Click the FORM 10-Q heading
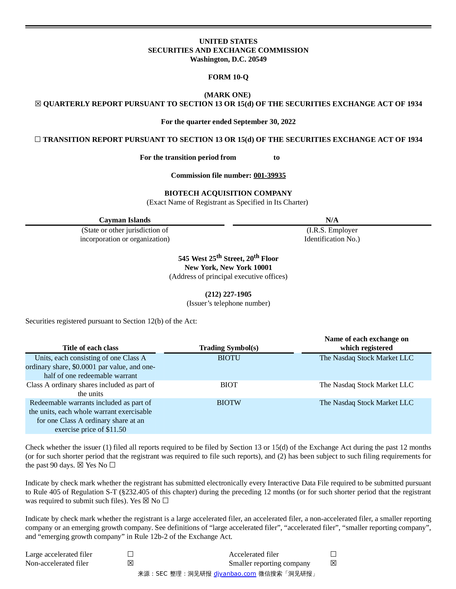pos(228,77)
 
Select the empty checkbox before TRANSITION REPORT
pos(38,139)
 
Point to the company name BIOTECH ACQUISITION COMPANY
pos(228,193)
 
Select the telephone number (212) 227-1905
pos(228,294)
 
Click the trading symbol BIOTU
pos(229,358)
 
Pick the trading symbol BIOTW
pos(229,403)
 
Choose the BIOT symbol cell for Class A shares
pos(229,385)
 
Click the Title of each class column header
pos(90,348)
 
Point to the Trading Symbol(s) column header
pos(229,348)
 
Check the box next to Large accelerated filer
pos(131,554)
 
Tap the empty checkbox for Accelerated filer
pos(333,554)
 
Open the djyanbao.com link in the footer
pos(235,574)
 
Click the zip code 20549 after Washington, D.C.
pos(257,59)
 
